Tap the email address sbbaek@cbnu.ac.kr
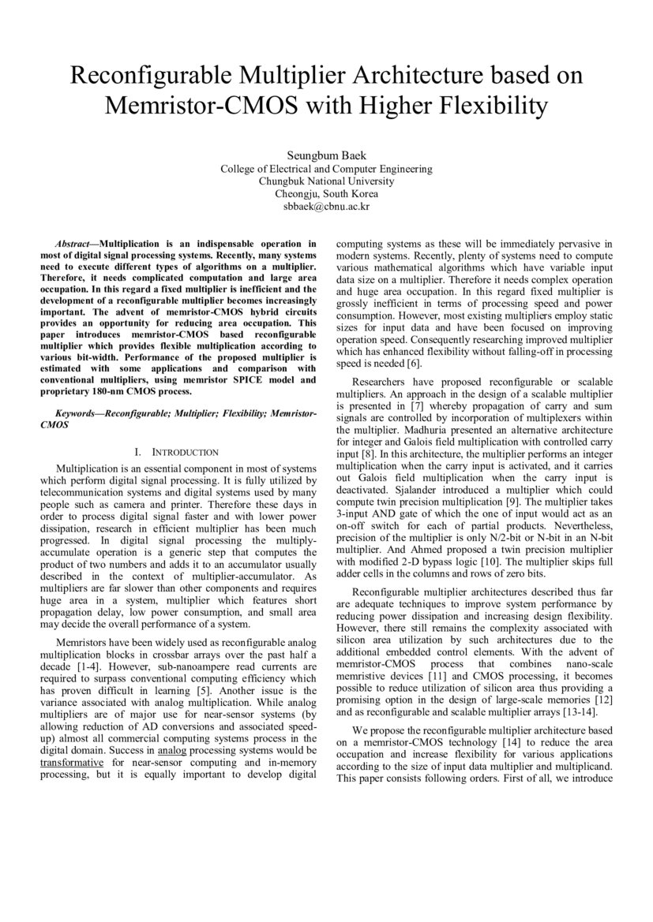point(326,207)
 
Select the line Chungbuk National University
point(326,181)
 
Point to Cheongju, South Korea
point(326,194)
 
